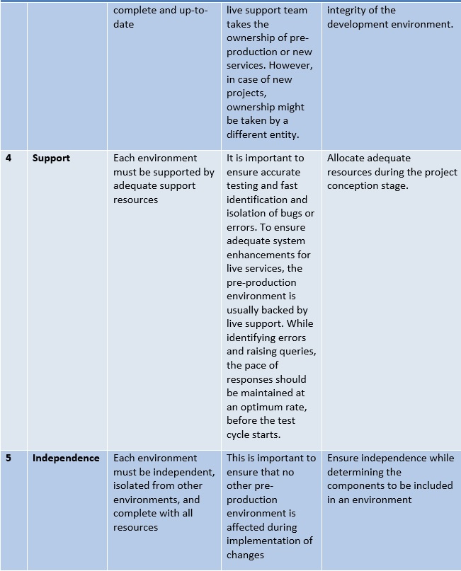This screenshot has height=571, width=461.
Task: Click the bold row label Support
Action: click(51, 158)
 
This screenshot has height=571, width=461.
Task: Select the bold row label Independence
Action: click(66, 458)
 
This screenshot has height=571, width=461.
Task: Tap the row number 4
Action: click(8, 158)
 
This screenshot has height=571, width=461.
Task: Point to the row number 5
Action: click(8, 458)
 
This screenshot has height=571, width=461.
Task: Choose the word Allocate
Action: click(348, 158)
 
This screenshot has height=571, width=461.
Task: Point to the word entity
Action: click(283, 134)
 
